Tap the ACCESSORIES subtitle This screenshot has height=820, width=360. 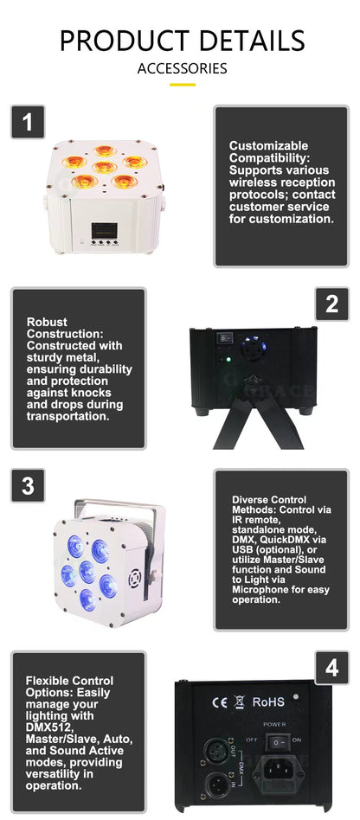(182, 68)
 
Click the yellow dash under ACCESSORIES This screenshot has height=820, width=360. (182, 85)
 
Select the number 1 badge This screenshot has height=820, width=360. (28, 123)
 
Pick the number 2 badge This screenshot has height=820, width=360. (331, 304)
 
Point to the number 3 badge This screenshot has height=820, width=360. (28, 485)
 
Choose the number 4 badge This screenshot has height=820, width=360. (331, 667)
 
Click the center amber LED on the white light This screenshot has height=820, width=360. (105, 168)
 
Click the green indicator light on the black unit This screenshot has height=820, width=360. (227, 360)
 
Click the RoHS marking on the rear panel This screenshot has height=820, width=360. (267, 702)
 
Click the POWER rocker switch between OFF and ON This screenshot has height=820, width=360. (274, 741)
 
